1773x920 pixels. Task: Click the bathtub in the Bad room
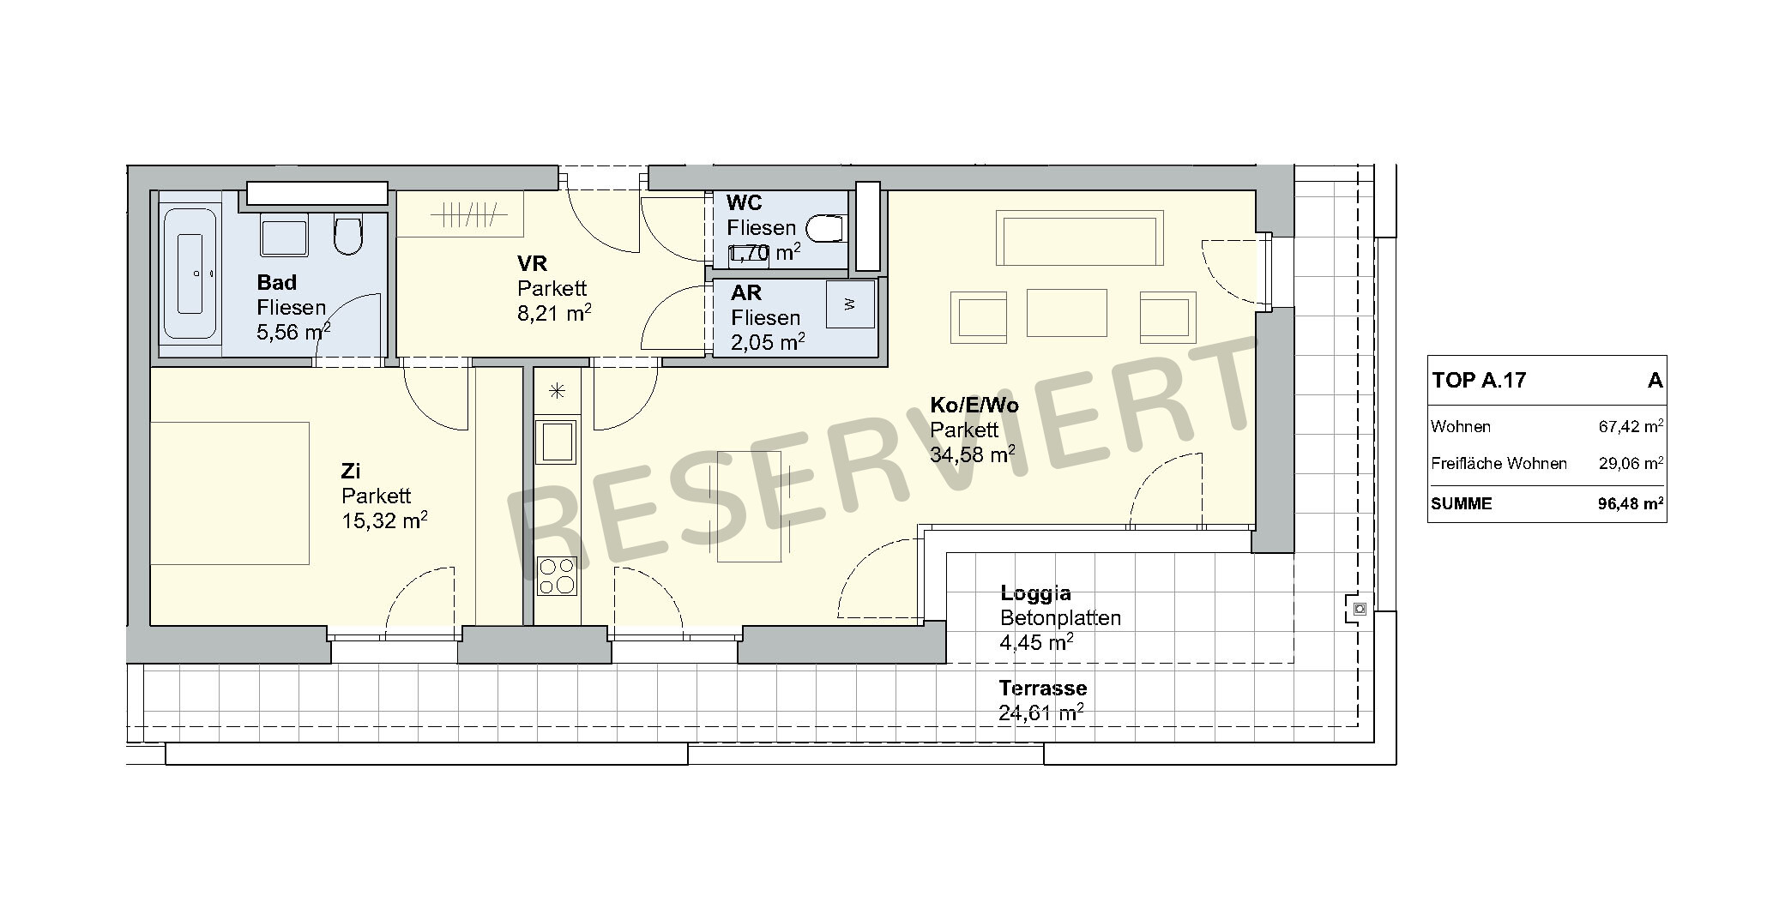point(190,274)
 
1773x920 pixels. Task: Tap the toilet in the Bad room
point(347,236)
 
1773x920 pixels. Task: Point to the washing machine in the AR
point(850,304)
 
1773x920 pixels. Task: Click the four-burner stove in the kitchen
point(557,576)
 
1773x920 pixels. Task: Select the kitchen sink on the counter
point(556,442)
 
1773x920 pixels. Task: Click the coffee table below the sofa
point(1066,312)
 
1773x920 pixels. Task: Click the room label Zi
point(350,471)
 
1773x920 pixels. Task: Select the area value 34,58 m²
point(973,454)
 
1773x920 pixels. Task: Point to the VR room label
point(532,263)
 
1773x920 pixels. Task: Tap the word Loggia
point(1035,593)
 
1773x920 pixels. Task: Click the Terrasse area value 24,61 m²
point(1040,713)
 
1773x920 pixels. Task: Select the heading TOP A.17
point(1479,381)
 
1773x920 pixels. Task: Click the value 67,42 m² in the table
point(1631,427)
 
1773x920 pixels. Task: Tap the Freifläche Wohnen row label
point(1499,464)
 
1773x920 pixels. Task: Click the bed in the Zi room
point(230,493)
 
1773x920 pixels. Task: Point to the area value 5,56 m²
point(293,333)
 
